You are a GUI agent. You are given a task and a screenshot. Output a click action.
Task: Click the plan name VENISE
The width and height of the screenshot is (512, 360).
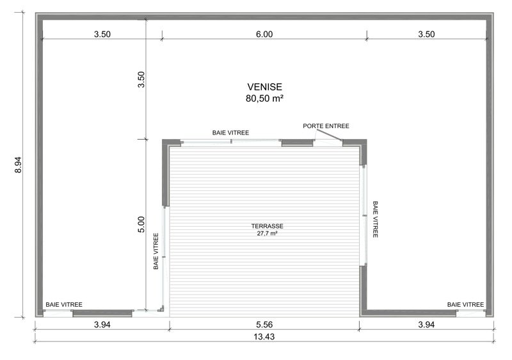point(264,87)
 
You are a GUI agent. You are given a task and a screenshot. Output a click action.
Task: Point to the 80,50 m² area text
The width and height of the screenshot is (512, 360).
point(264,99)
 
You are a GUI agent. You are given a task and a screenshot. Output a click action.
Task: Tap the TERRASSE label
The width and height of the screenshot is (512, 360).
point(267,226)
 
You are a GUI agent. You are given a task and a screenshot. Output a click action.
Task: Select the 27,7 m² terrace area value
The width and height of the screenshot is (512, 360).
point(267,233)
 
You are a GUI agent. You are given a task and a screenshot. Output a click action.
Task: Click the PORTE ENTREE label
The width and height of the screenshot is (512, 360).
point(326,126)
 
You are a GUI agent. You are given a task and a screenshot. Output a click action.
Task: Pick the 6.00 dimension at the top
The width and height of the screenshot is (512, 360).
point(264,35)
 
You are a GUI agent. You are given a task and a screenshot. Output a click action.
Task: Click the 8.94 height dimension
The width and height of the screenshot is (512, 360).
point(19,165)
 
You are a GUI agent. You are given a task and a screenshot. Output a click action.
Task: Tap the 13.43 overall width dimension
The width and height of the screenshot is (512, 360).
point(264,336)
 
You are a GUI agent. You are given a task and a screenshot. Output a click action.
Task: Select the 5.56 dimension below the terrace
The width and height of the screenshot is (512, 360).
point(264,325)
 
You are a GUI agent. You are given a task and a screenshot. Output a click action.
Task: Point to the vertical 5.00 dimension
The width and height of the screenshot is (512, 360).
point(141,224)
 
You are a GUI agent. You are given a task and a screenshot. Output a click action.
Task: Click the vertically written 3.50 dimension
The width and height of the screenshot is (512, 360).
point(141,79)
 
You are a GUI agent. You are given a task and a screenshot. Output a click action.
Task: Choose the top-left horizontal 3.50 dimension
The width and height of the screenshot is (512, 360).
point(102,35)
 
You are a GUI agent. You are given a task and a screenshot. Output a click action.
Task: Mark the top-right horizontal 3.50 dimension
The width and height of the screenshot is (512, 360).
point(426,35)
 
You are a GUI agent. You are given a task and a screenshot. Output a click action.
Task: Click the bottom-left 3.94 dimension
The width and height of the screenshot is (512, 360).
point(102,325)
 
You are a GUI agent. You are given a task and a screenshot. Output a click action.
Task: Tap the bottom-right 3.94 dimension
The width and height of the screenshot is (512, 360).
point(426,325)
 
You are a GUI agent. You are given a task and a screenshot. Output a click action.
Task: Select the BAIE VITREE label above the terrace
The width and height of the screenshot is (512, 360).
point(230,133)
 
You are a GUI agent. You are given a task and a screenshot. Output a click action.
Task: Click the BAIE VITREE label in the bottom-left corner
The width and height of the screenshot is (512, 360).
point(64,305)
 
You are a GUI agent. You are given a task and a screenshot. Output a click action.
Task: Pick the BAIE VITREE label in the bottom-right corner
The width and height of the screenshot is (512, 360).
point(466,305)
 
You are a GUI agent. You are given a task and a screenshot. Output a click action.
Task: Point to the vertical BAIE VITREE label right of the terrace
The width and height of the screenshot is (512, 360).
point(375,219)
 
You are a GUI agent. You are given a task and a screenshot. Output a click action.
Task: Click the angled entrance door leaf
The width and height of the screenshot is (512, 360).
point(329,135)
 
